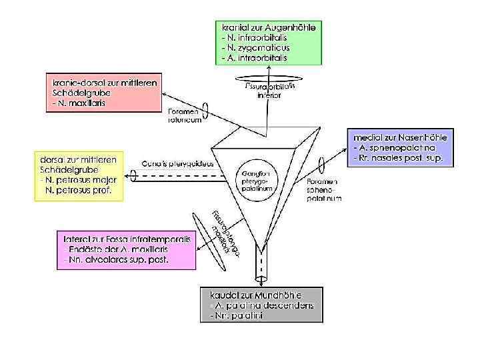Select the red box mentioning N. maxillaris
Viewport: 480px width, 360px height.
coord(105,93)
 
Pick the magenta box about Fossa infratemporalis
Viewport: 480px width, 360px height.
coord(127,249)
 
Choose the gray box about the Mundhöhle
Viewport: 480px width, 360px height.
coord(261,305)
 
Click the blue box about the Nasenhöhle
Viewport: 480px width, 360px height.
coord(402,149)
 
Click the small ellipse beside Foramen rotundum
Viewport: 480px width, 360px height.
coord(205,109)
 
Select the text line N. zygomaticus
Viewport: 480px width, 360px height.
coord(256,48)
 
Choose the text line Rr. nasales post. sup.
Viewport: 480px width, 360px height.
coord(403,159)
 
